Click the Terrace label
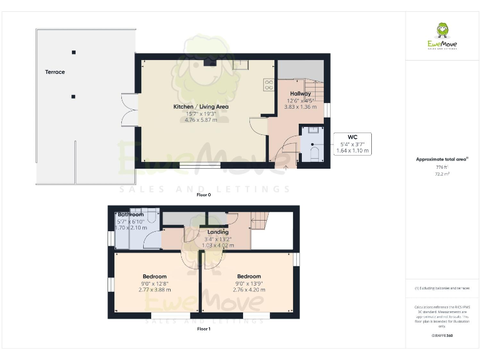click(55, 72)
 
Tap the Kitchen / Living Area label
click(201, 107)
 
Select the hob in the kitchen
click(269, 84)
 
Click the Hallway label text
click(300, 94)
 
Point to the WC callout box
click(352, 143)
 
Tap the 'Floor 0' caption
click(204, 195)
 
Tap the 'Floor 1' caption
click(204, 328)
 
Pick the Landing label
click(217, 232)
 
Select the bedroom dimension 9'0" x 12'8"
click(154, 284)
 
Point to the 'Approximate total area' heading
click(442, 159)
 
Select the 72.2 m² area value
click(442, 174)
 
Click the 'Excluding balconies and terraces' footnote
click(442, 289)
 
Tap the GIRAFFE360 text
click(442, 336)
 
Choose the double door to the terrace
click(129, 110)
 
